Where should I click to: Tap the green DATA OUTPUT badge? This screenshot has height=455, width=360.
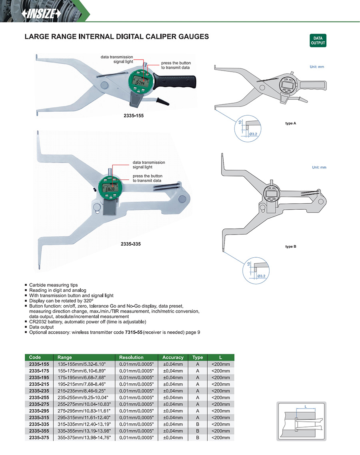pyautogui.click(x=318, y=40)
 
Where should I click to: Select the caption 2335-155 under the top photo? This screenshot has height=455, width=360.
pyautogui.click(x=134, y=115)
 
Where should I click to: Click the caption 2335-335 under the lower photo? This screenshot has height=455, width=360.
pyautogui.click(x=131, y=243)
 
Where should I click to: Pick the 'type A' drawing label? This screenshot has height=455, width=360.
pyautogui.click(x=290, y=123)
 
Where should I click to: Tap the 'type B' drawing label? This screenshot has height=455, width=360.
pyautogui.click(x=290, y=247)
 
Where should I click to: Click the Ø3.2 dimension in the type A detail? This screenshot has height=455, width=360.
pyautogui.click(x=253, y=134)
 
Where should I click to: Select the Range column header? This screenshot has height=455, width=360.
pyautogui.click(x=65, y=357)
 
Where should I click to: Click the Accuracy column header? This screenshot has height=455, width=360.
pyautogui.click(x=173, y=357)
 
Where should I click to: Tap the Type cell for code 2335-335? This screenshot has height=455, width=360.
pyautogui.click(x=198, y=425)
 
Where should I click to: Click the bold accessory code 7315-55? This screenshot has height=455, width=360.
pyautogui.click(x=134, y=332)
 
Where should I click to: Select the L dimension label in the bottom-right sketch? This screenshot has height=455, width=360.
pyautogui.click(x=306, y=407)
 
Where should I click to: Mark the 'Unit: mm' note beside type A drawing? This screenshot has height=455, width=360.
pyautogui.click(x=317, y=66)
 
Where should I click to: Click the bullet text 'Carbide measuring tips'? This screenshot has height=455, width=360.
pyautogui.click(x=54, y=285)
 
